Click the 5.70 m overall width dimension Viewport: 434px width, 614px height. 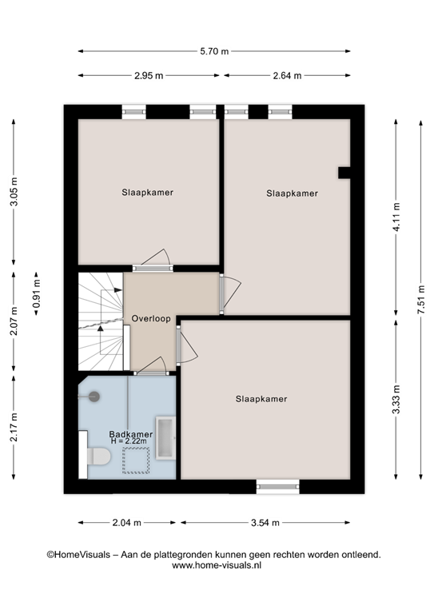pos(214,52)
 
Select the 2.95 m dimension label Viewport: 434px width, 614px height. pos(149,76)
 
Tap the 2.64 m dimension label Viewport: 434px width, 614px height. pos(288,76)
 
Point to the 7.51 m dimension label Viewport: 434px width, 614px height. pos(420,300)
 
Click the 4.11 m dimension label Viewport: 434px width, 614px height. pos(396,217)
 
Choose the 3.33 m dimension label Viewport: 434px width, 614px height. pos(396,400)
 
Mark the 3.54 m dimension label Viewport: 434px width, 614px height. pos(265,523)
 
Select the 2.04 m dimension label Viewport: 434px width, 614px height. pos(126,523)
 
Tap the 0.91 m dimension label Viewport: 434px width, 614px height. pos(37,293)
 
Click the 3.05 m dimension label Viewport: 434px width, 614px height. pos(14,192)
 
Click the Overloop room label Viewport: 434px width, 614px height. pos(151,319)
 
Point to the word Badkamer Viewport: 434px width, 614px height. pos(130,434)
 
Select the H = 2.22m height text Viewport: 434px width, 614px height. pos(130,442)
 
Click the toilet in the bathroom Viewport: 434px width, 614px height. pos(96,455)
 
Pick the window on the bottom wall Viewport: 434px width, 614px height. pos(277,485)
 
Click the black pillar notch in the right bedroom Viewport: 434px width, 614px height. pos(344,173)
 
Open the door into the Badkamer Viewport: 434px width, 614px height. pos(150,369)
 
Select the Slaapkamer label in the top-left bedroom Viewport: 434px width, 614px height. pos(148,193)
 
